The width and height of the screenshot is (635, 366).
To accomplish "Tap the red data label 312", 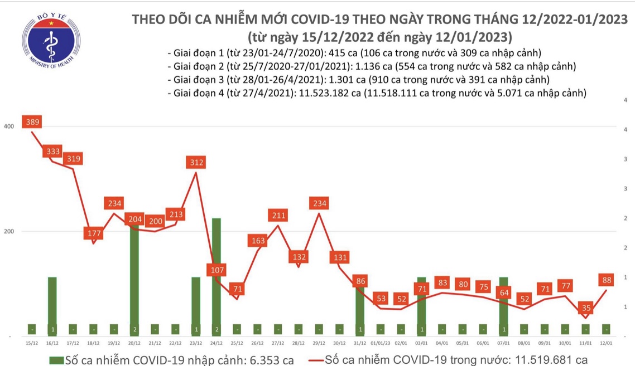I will (x=196, y=162).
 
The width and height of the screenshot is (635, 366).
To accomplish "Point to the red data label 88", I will (x=606, y=279).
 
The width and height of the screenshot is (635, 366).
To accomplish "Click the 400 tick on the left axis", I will (x=8, y=126).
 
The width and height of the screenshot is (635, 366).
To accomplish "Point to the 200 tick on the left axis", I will (x=8, y=231).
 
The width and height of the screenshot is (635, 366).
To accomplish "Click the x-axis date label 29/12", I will (x=319, y=343).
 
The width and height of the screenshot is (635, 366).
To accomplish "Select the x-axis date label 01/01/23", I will (x=381, y=343).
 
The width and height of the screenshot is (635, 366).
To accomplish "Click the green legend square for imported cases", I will (x=56, y=359).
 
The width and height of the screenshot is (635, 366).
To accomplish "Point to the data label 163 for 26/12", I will (x=258, y=241).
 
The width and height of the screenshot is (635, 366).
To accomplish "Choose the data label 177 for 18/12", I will (x=93, y=233).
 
